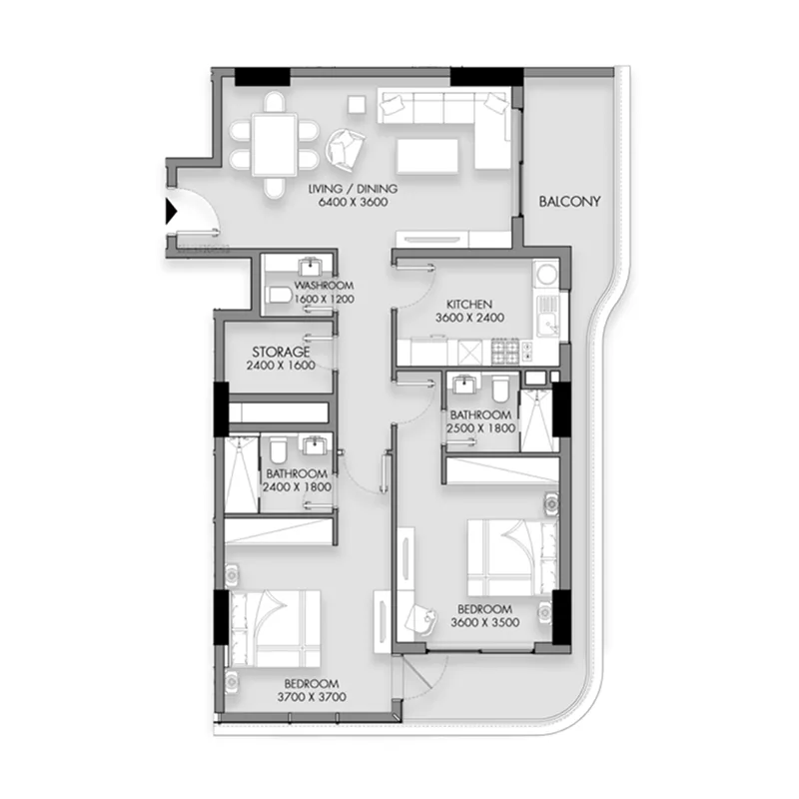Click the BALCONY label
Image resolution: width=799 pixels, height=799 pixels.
[x=569, y=202]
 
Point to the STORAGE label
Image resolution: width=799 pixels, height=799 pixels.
[x=281, y=353]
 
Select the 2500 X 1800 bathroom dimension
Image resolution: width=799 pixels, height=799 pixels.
[x=481, y=428]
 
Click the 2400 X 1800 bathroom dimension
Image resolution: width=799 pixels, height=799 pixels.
[x=297, y=487]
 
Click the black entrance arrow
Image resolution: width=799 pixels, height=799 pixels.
[x=170, y=212]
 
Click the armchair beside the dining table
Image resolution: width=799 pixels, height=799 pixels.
[x=347, y=150]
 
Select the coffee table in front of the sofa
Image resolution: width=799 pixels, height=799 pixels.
[x=427, y=156]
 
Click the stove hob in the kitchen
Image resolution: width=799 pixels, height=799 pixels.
[x=508, y=351]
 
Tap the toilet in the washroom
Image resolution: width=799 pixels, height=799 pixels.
[x=279, y=295]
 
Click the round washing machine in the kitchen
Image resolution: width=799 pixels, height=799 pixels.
[x=545, y=273]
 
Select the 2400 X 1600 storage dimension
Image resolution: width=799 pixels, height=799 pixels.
[x=281, y=367]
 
